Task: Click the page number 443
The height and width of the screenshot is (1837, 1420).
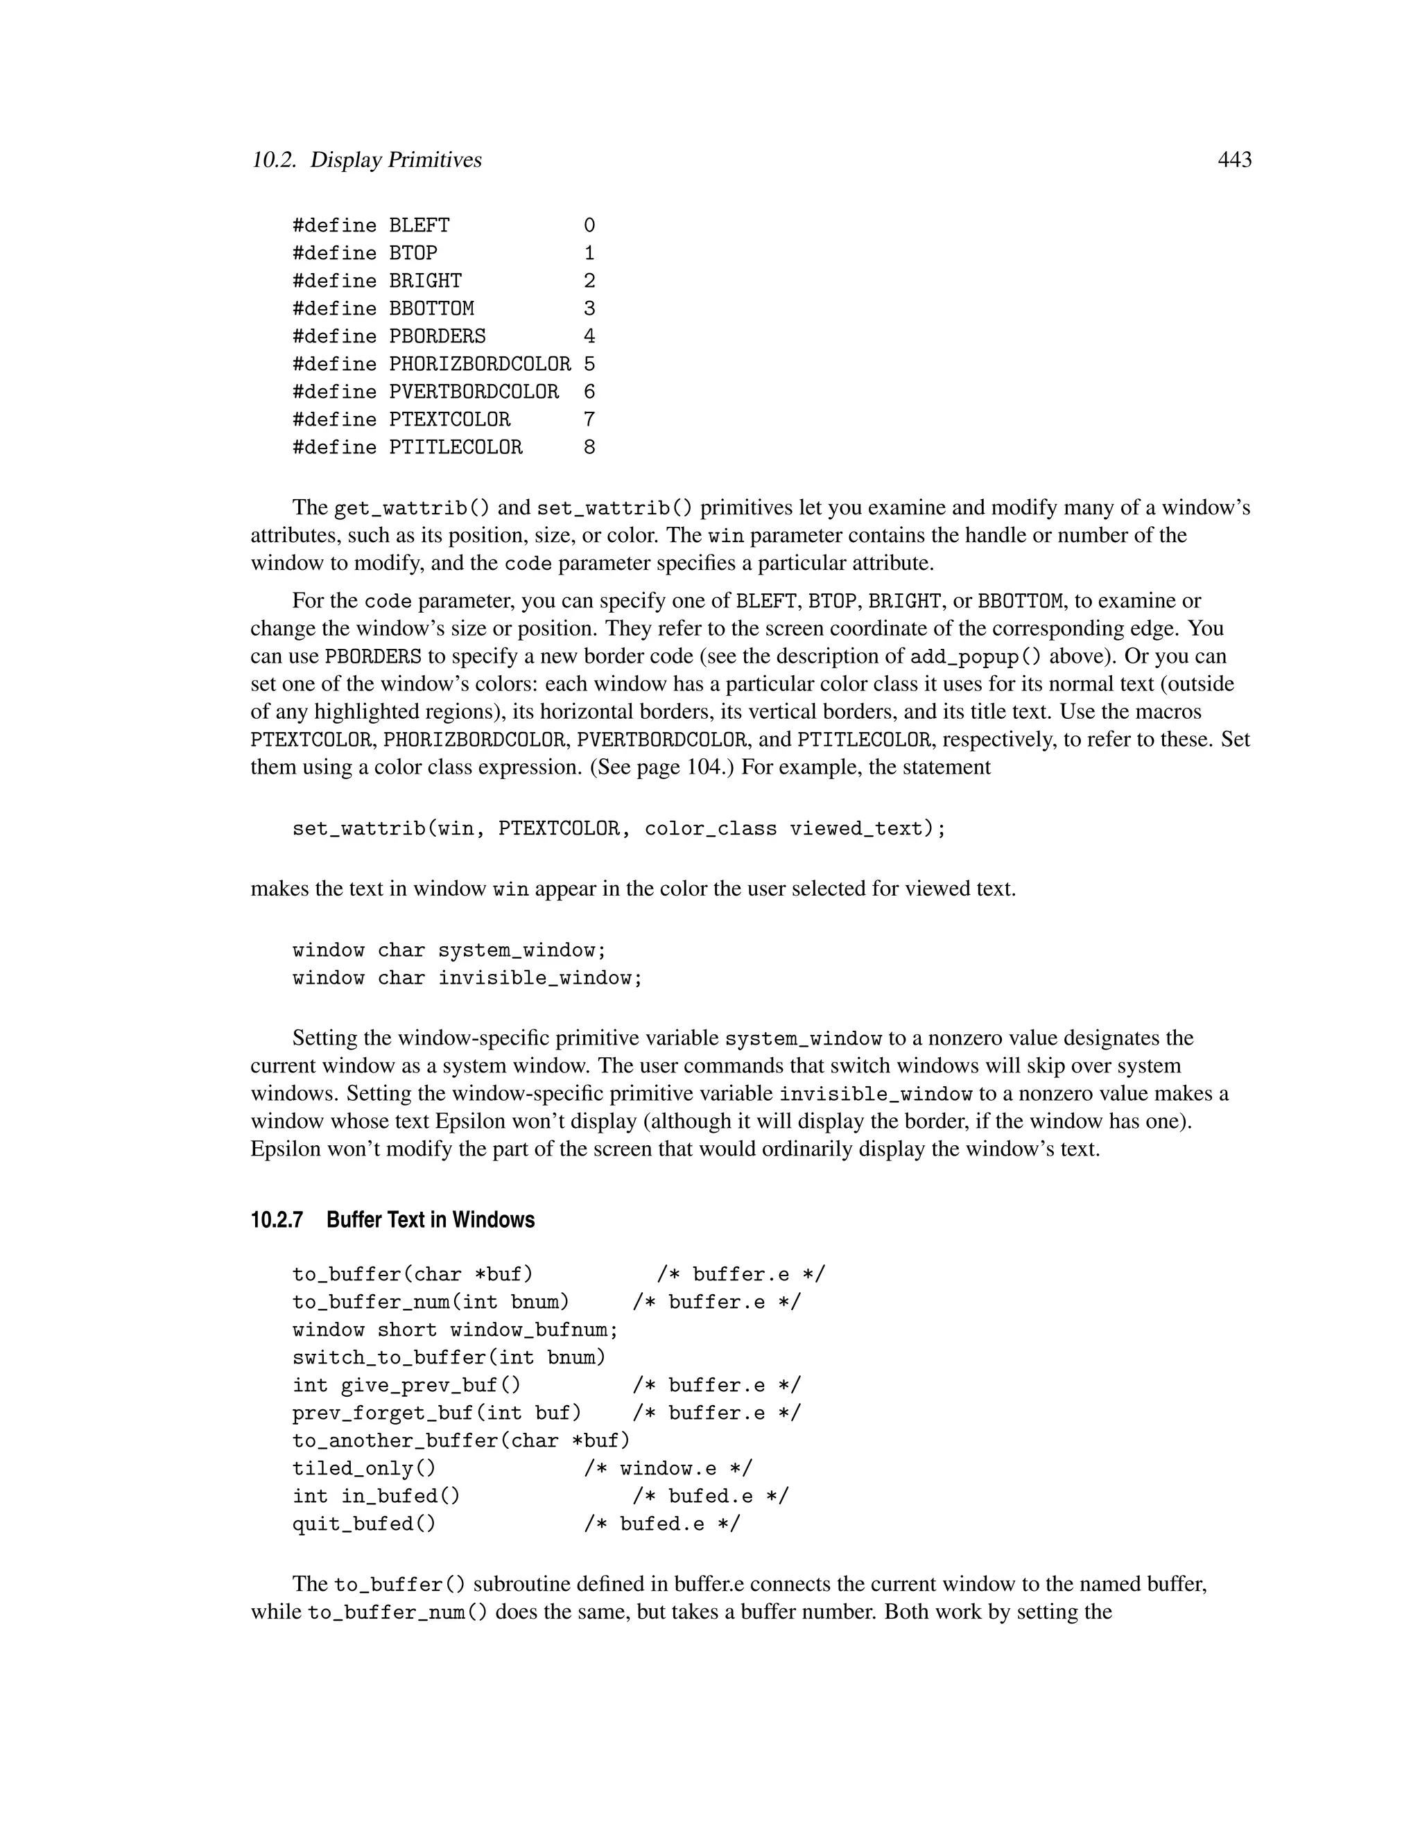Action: [x=1234, y=160]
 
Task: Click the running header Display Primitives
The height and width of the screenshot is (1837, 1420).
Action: [x=395, y=160]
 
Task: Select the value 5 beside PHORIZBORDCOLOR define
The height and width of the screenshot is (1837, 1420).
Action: [x=589, y=364]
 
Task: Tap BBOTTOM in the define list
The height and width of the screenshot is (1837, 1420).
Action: [x=431, y=308]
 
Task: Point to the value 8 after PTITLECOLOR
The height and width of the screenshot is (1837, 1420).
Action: [x=589, y=448]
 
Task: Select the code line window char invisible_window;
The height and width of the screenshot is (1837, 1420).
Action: [x=467, y=978]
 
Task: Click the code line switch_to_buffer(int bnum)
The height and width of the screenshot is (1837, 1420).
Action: [x=449, y=1357]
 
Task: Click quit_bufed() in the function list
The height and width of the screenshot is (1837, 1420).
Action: [x=364, y=1524]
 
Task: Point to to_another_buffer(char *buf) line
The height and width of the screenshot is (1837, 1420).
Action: [x=461, y=1441]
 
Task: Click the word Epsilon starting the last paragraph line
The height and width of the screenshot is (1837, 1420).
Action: [x=285, y=1149]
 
